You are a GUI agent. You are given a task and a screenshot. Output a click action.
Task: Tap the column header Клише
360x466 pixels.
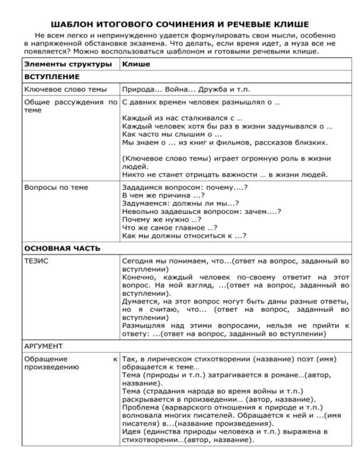click(x=136, y=63)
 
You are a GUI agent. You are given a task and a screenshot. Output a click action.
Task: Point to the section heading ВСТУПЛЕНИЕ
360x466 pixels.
click(x=52, y=76)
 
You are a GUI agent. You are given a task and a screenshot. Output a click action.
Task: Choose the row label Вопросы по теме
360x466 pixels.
click(x=56, y=187)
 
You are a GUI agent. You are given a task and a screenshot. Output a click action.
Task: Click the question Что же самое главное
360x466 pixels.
click(x=170, y=228)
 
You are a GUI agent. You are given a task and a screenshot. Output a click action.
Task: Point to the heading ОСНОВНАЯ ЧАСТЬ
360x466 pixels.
click(x=62, y=248)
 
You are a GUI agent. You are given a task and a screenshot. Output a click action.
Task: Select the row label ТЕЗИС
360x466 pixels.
click(x=36, y=261)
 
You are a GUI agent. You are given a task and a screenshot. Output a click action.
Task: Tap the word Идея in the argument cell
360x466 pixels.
click(x=132, y=432)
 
